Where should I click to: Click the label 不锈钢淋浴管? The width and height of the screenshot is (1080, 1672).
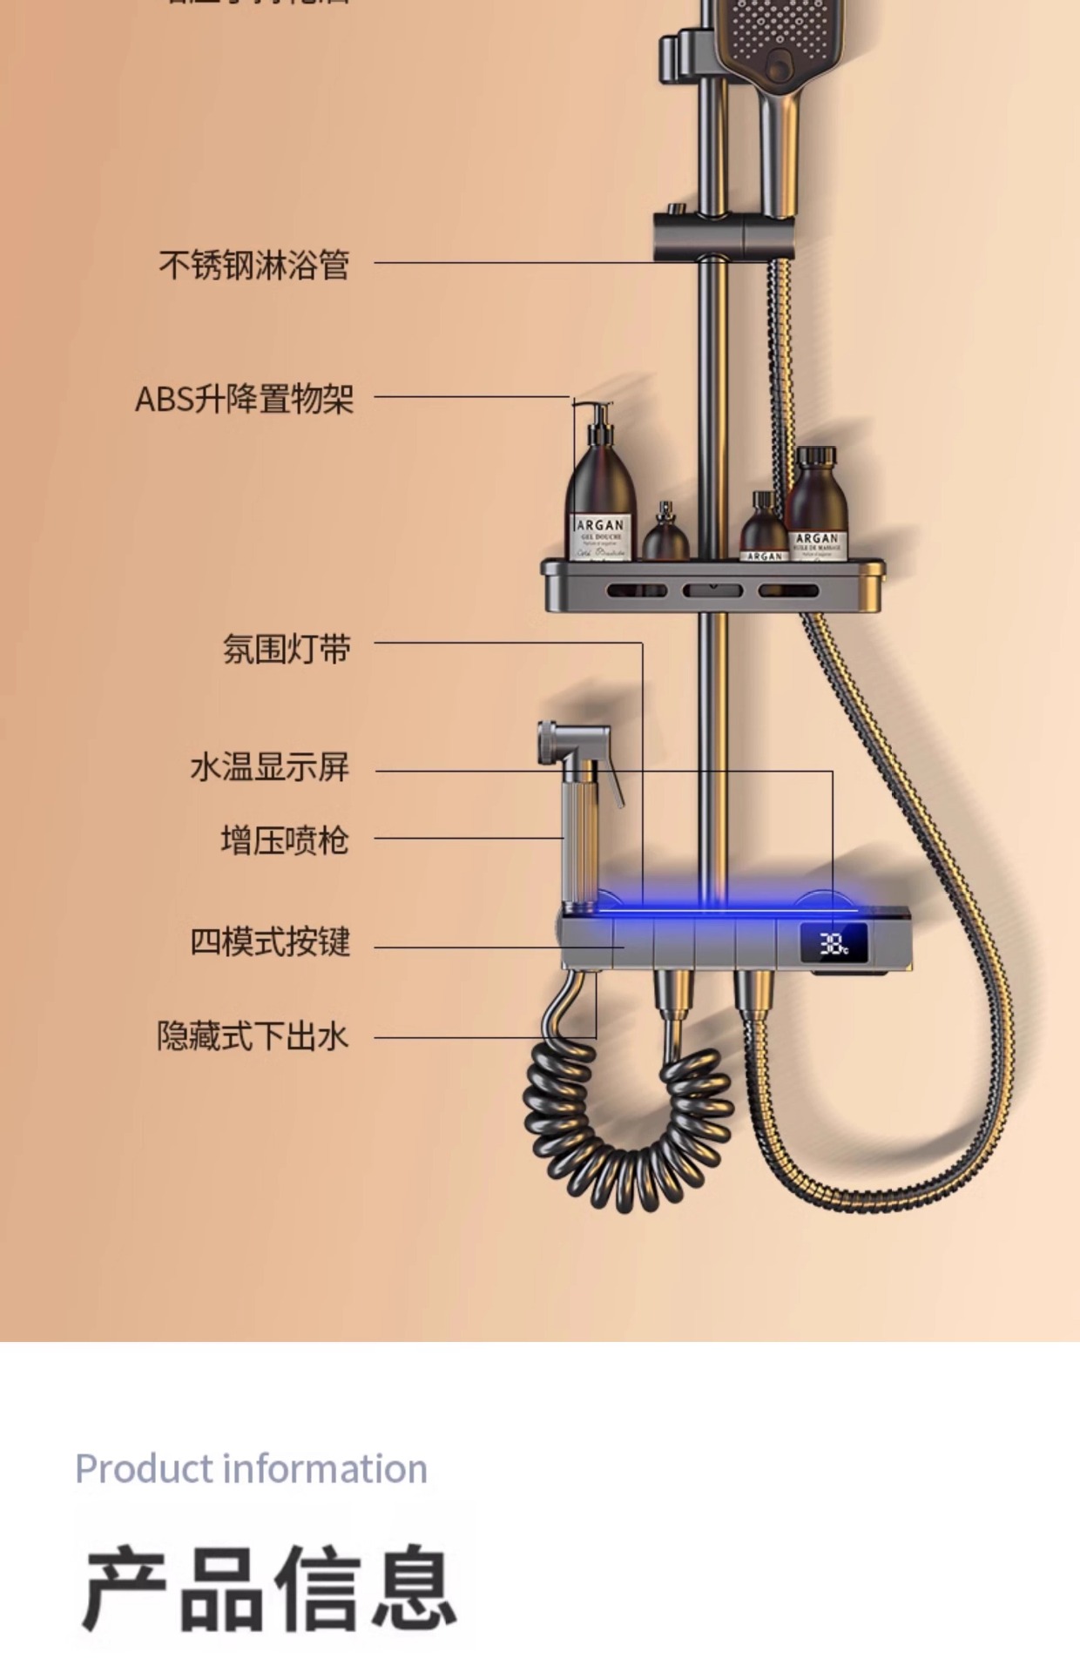(x=253, y=265)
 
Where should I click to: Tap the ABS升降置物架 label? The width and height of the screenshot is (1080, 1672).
(x=244, y=399)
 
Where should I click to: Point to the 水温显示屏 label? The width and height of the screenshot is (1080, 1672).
(x=269, y=767)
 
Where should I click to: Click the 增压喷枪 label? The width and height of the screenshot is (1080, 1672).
(x=284, y=840)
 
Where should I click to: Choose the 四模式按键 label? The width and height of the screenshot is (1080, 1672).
(x=270, y=941)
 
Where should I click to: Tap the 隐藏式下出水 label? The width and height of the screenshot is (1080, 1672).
(x=253, y=1036)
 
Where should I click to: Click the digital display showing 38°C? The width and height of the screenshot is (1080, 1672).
(x=834, y=945)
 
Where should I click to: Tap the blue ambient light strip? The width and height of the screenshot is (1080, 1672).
(x=723, y=908)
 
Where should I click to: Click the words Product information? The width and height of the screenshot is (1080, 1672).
(x=251, y=1469)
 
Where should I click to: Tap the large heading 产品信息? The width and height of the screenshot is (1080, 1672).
(x=269, y=1588)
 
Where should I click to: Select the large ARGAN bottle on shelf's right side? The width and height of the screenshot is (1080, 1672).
(x=816, y=505)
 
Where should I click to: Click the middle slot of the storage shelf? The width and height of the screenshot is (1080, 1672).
(x=712, y=590)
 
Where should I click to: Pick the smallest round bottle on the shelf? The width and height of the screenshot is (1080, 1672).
(x=666, y=536)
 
